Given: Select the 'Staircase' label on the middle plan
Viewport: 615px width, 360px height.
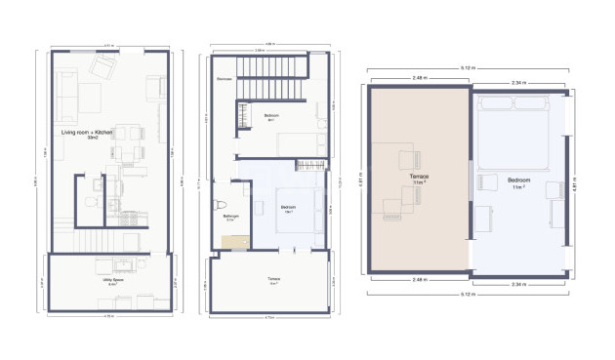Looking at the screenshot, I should [224, 79].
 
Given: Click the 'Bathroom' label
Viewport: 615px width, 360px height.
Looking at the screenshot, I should [231, 216].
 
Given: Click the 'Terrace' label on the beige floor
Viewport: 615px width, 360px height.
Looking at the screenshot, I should [420, 179].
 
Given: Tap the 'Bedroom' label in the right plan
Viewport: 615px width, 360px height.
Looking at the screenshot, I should [518, 179].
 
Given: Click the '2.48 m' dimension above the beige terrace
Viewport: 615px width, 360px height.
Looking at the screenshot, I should [420, 79].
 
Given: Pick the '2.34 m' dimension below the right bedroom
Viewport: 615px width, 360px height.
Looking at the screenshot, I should [518, 284].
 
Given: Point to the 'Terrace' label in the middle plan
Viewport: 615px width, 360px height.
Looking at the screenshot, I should [274, 281].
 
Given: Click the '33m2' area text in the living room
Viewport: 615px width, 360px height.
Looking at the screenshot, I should [93, 138].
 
